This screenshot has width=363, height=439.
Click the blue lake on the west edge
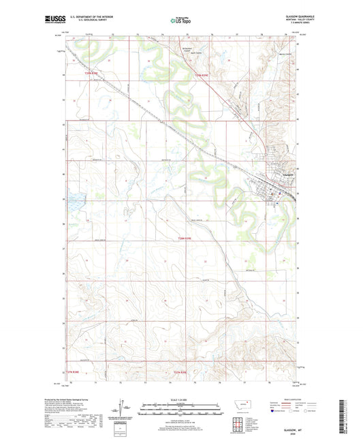point(74,202)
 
